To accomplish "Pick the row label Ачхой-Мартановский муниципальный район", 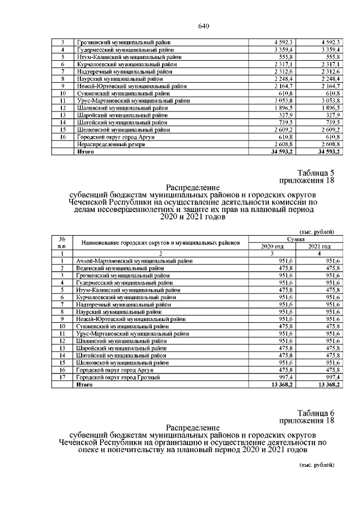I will [134, 260].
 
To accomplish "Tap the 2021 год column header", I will [318, 246].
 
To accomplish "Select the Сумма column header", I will [295, 239].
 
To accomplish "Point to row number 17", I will [63, 377].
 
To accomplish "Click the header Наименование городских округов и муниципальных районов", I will [161, 242].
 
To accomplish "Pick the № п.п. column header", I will [63, 242].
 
